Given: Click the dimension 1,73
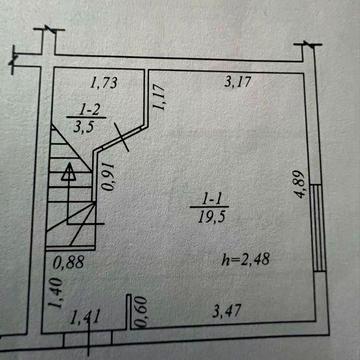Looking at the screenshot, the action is click(104, 83).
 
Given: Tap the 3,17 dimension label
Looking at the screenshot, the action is click(237, 81).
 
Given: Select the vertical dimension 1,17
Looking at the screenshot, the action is click(158, 97).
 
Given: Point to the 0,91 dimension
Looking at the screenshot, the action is click(108, 177).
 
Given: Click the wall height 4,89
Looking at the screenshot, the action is click(300, 184).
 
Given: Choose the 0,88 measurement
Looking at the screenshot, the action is click(68, 263).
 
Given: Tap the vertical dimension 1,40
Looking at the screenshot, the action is click(55, 293).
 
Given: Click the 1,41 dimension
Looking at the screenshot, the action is click(85, 317).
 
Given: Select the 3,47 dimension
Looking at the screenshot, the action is click(227, 312).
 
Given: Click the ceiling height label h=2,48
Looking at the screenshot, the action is click(245, 259).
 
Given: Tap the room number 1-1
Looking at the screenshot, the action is click(212, 200).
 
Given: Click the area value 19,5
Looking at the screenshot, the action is click(212, 217).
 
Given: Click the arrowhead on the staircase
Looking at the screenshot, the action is click(68, 171).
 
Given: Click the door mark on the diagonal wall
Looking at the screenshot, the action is click(121, 137).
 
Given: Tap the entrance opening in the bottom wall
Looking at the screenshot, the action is click(88, 338).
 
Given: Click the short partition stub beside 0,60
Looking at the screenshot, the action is click(129, 312).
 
